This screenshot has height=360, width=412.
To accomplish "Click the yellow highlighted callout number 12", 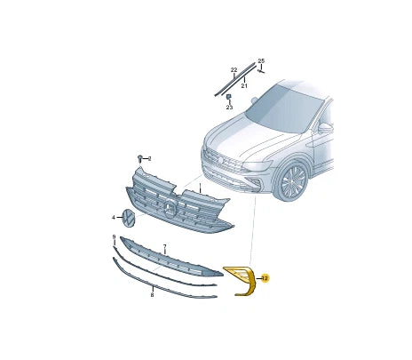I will click(265, 278).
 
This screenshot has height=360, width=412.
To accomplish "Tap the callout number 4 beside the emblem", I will click(113, 217).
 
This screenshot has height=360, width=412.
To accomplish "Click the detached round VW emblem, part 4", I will click(128, 217).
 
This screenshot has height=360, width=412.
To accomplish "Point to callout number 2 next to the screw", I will click(149, 159).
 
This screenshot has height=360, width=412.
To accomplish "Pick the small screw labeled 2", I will click(140, 159).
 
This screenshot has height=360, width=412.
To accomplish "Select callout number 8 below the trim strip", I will click(152, 294).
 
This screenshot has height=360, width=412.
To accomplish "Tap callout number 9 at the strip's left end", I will click(114, 236).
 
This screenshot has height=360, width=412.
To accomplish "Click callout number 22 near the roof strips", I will click(234, 69).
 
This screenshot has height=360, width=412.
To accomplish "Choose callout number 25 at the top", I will click(261, 60).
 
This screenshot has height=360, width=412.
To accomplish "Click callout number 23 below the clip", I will click(228, 108).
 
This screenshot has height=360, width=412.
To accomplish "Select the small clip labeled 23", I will click(228, 96).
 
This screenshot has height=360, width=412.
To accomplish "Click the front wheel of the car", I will click(291, 181).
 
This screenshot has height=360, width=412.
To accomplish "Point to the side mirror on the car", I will click(325, 128).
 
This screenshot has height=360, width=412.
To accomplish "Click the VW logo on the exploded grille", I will click(170, 210).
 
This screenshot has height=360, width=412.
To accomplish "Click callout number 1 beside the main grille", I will click(201, 188).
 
